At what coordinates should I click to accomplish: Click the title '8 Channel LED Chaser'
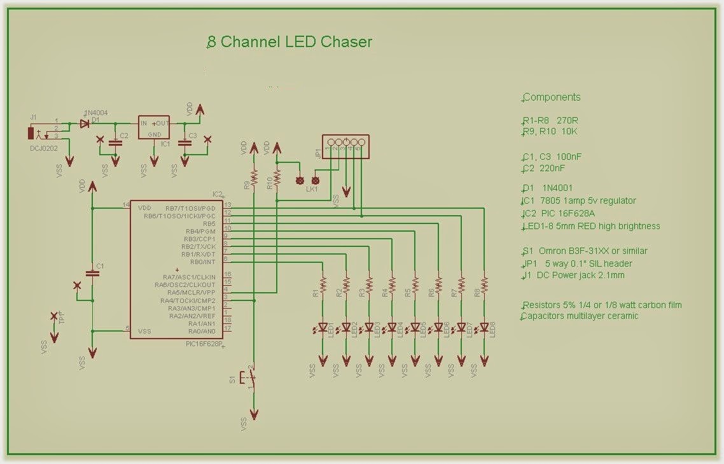pyautogui.click(x=290, y=43)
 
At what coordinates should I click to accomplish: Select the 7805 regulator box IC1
pyautogui.click(x=154, y=128)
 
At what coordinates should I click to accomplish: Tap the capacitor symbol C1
pyautogui.click(x=93, y=274)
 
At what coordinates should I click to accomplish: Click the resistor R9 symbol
pyautogui.click(x=254, y=178)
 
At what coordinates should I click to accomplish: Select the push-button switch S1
pyautogui.click(x=250, y=378)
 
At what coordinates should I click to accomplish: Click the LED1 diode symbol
pyautogui.click(x=323, y=328)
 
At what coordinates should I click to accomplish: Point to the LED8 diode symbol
pyautogui.click(x=484, y=328)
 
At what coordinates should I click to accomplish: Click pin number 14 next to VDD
pyautogui.click(x=127, y=204)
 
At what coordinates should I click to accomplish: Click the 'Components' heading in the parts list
pyautogui.click(x=552, y=97)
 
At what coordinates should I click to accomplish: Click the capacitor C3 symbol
pyautogui.click(x=184, y=143)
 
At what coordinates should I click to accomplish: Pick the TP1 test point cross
pyautogui.click(x=53, y=316)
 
